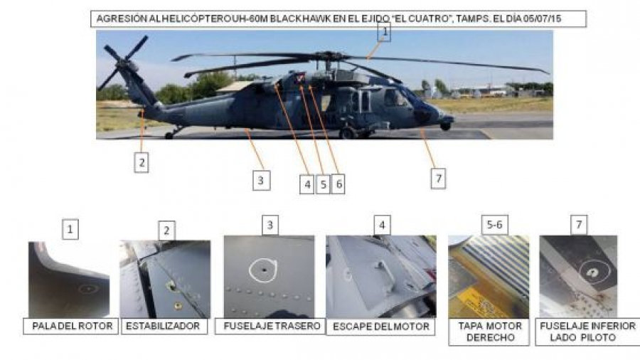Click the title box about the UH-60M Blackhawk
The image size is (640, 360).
point(338,18)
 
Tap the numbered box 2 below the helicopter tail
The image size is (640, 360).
point(142,162)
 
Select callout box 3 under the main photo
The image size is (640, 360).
point(261,181)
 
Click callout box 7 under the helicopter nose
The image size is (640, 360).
point(438,179)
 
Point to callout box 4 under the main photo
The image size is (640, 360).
point(307,184)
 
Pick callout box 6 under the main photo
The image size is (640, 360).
point(338,184)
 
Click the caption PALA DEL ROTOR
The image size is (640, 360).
point(71,326)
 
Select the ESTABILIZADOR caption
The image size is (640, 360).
point(164,326)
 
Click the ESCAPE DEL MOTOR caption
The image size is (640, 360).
point(381,327)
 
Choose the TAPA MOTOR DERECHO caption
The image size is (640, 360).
point(489,332)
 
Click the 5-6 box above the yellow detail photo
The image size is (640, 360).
point(494,225)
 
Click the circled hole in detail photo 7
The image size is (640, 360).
point(594,272)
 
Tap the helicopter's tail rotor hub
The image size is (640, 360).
point(122,64)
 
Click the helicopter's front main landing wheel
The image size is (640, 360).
point(347,133)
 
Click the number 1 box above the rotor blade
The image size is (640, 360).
point(385,32)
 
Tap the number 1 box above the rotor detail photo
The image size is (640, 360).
point(70,229)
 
